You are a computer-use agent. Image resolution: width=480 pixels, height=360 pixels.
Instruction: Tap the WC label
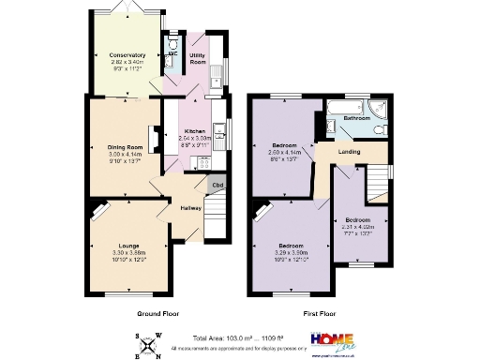point(172,54)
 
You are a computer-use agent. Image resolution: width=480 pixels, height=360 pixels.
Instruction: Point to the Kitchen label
point(194,130)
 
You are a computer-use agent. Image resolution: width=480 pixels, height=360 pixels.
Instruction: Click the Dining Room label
point(125,147)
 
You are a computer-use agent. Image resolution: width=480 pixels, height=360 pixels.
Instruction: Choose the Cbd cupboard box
point(217,186)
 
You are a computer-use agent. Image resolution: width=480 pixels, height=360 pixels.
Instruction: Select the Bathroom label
point(355,119)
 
